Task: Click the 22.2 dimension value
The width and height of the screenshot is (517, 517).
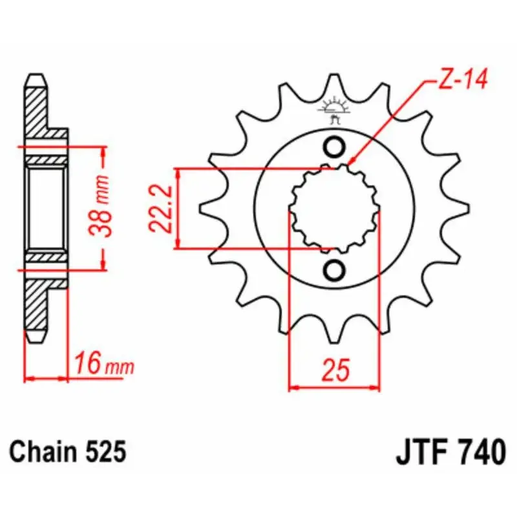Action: point(160,208)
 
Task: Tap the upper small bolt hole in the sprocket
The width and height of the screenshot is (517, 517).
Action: point(334,147)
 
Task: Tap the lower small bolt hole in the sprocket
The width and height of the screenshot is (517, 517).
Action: point(334,270)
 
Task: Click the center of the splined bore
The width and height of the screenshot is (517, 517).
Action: point(334,208)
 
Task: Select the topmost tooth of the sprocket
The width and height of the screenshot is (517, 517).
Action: point(334,81)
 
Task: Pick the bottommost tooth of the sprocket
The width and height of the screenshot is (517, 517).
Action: point(334,336)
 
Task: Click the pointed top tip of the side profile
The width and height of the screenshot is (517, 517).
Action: point(37,76)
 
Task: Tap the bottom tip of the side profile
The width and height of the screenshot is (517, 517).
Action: point(37,341)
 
